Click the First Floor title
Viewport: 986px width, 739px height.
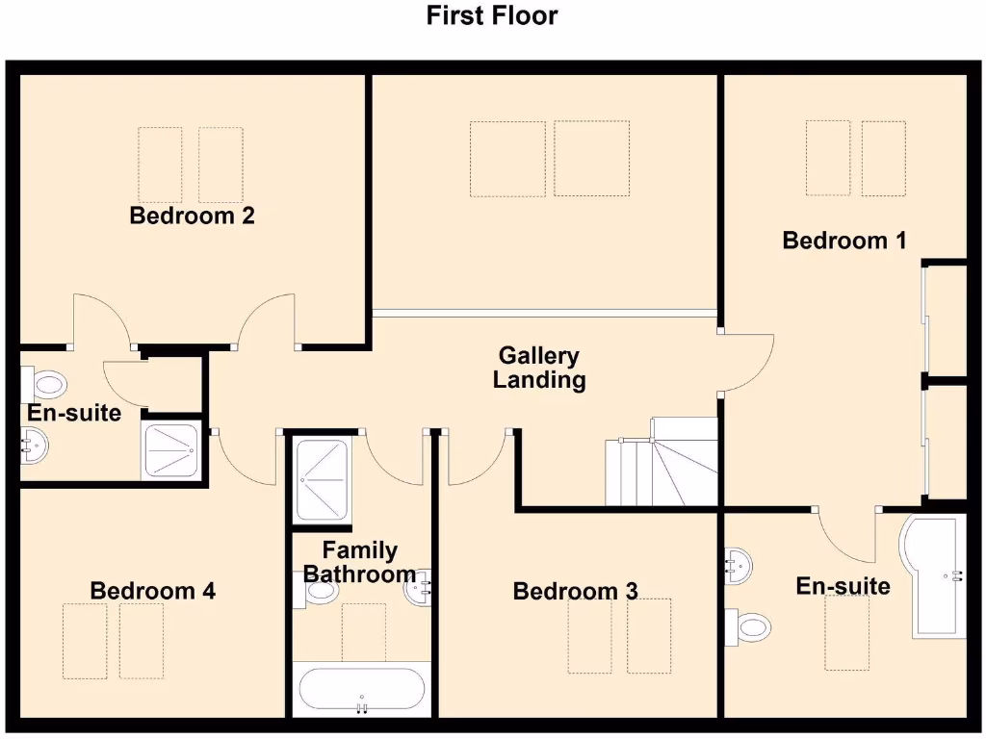tap(492, 15)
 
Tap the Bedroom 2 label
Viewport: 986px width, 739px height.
tap(192, 216)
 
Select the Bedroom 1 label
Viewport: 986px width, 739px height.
tap(843, 241)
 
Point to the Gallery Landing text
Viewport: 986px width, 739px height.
tap(538, 368)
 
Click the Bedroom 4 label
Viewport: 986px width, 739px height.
tap(152, 590)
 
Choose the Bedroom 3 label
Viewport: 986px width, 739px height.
tap(575, 591)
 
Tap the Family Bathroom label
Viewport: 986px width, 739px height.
tap(359, 562)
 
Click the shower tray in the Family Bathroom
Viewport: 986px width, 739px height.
tap(324, 479)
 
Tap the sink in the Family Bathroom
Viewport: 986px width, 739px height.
tap(420, 589)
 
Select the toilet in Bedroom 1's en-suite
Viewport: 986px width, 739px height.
tap(749, 626)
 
